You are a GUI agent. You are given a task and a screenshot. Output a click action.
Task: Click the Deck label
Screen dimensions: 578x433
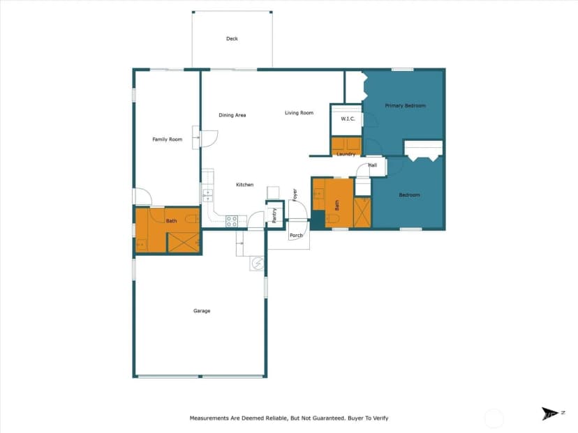tap(232, 38)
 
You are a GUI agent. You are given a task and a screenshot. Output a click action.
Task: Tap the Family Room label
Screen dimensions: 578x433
tap(168, 139)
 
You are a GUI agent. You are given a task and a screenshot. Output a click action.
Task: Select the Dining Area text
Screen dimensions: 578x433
tap(232, 115)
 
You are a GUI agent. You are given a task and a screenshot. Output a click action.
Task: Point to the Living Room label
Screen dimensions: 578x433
tap(299, 113)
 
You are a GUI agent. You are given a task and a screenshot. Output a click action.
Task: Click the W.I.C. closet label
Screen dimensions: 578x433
tap(348, 119)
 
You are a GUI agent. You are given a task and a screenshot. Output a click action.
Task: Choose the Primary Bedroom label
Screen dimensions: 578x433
tap(405, 106)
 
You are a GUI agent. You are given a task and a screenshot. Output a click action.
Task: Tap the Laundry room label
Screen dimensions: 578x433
tap(346, 154)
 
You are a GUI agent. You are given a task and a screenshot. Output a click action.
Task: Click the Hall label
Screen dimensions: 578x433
tap(373, 165)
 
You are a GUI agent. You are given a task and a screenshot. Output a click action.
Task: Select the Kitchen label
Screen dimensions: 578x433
tap(245, 185)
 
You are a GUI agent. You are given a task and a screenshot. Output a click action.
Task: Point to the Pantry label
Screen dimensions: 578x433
tap(274, 215)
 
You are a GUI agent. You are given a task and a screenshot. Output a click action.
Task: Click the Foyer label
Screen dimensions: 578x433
tap(295, 195)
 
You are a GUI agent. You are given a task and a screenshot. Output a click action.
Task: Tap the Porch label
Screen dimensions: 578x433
tap(296, 235)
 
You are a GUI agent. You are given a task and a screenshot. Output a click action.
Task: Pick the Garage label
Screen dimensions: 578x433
tap(202, 311)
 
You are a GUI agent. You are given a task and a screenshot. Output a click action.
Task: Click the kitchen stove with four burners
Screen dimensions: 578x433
tap(232, 221)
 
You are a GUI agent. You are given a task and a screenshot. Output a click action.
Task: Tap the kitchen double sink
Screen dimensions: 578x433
tap(208, 195)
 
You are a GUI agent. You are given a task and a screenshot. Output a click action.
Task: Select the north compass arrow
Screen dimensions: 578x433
tap(550, 413)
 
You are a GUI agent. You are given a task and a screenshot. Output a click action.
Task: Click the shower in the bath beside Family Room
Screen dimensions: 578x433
tap(184, 243)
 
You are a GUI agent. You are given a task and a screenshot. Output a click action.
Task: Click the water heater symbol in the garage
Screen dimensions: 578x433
tap(257, 264)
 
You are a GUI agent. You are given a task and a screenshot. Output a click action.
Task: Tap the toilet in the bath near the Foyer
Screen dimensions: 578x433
tap(332, 219)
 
